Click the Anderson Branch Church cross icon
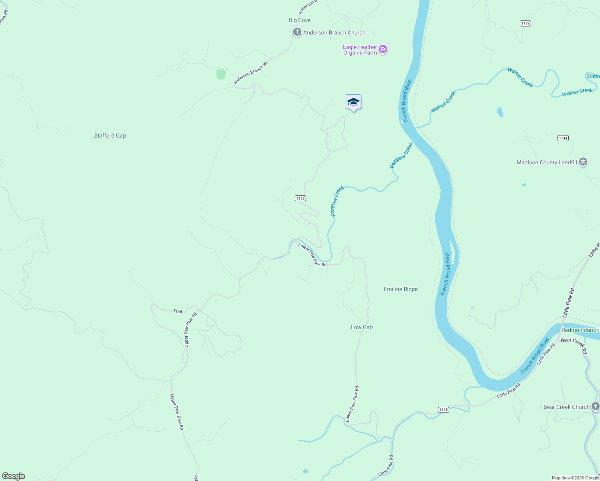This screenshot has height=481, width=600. [297, 32]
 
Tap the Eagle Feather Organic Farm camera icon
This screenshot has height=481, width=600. [383, 49]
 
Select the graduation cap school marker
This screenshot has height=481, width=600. [353, 102]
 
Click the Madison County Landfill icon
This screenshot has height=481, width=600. [583, 162]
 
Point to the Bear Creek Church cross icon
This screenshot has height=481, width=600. [596, 406]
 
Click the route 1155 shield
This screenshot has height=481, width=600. [300, 198]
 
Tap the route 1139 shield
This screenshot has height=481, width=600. [525, 23]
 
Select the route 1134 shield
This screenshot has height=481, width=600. [563, 138]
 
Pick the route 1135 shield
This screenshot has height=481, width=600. [443, 409]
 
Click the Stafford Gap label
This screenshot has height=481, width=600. [110, 135]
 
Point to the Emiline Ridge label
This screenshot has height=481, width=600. [401, 289]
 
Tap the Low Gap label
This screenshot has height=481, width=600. [362, 327]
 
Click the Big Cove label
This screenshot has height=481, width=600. [300, 20]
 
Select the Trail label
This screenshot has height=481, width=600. [178, 311]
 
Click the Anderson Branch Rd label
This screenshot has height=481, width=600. [251, 73]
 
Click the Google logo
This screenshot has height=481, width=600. [14, 476]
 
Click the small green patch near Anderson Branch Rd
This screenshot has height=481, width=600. [221, 74]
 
